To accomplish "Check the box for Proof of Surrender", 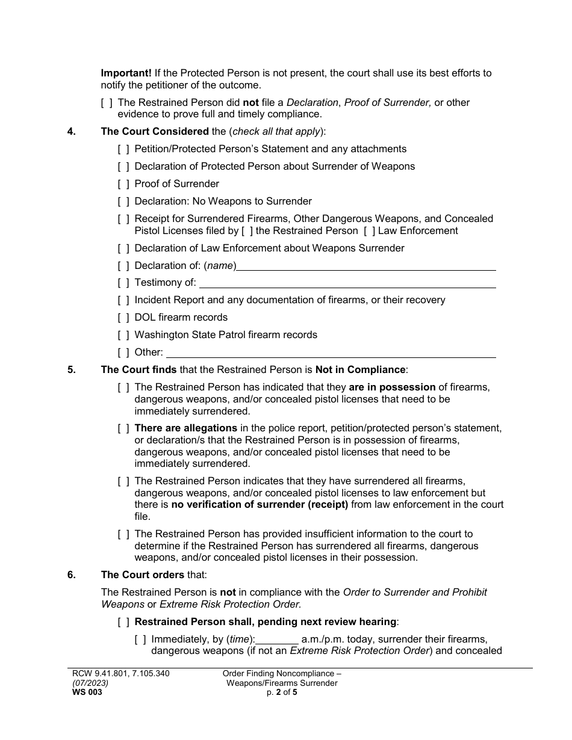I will coord(123,184).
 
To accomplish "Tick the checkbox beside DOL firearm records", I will coord(123,318).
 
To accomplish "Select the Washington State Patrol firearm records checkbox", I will coord(123,335).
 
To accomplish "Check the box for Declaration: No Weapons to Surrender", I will coord(123,202).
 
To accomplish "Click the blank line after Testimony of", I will coord(347,283).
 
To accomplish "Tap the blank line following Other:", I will coord(331,353).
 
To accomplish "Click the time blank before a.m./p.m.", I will coord(278,640).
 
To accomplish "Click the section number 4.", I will coord(71,132).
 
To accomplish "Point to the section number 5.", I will coord(71,370).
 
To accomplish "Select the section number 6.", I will coord(71,575).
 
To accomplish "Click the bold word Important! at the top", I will coord(126,73).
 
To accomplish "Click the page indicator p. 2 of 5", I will coord(282,692).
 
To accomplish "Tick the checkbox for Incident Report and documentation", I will coord(123,300).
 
